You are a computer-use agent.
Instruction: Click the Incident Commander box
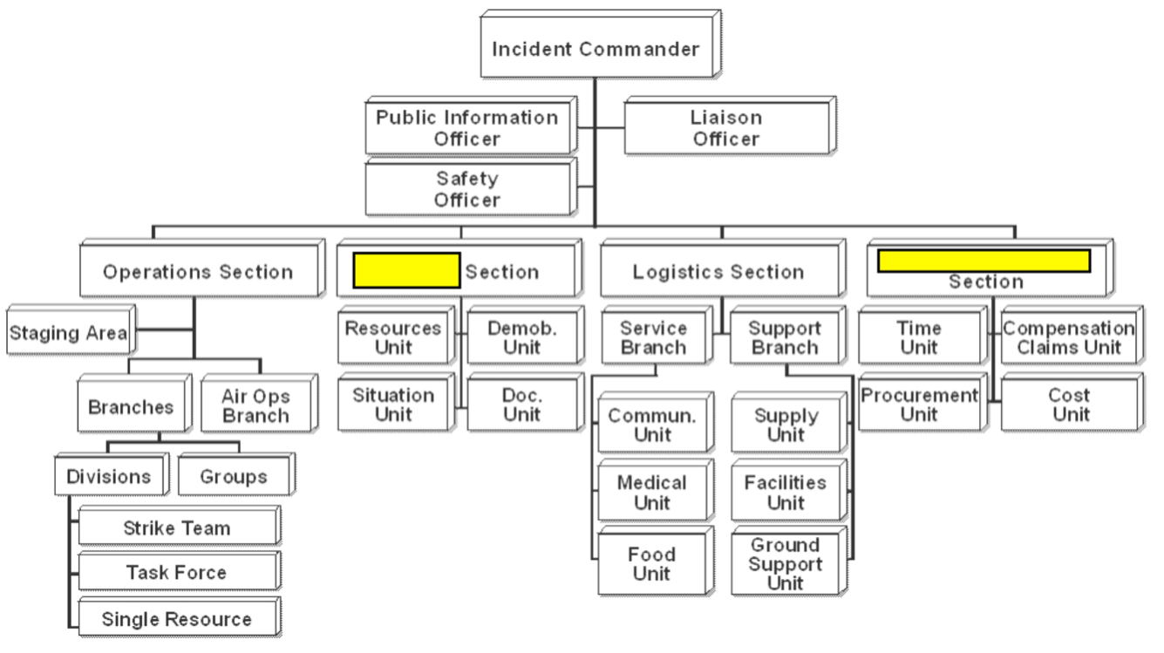point(600,44)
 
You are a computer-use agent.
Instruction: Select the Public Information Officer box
point(471,126)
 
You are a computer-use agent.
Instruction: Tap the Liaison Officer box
point(730,126)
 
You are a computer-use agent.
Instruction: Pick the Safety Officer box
point(471,187)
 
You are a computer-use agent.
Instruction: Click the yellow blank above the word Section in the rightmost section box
point(984,261)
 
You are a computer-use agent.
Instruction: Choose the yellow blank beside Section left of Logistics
point(406,270)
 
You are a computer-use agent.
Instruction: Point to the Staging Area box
point(71,330)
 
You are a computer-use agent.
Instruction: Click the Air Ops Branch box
point(259,403)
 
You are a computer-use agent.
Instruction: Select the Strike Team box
point(180,525)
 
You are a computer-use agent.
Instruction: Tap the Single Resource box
point(180,616)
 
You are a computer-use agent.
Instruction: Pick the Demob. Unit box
point(526,335)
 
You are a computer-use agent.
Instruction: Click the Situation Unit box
point(397,402)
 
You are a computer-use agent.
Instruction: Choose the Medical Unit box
point(656,490)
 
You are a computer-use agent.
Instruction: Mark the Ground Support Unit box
point(789,561)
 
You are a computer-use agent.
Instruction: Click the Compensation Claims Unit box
point(1072,335)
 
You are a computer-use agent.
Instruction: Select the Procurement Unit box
point(922,402)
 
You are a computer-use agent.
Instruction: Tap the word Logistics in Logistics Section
point(675,272)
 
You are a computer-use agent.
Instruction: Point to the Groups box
point(237,473)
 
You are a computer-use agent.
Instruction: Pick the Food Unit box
point(656,561)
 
